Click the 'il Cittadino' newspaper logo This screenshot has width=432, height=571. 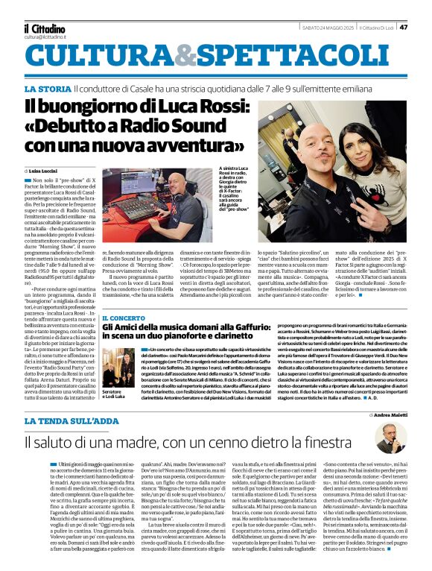(x=44, y=28)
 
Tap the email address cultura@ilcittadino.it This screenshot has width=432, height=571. (x=45, y=36)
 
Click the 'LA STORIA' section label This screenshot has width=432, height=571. (x=48, y=89)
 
